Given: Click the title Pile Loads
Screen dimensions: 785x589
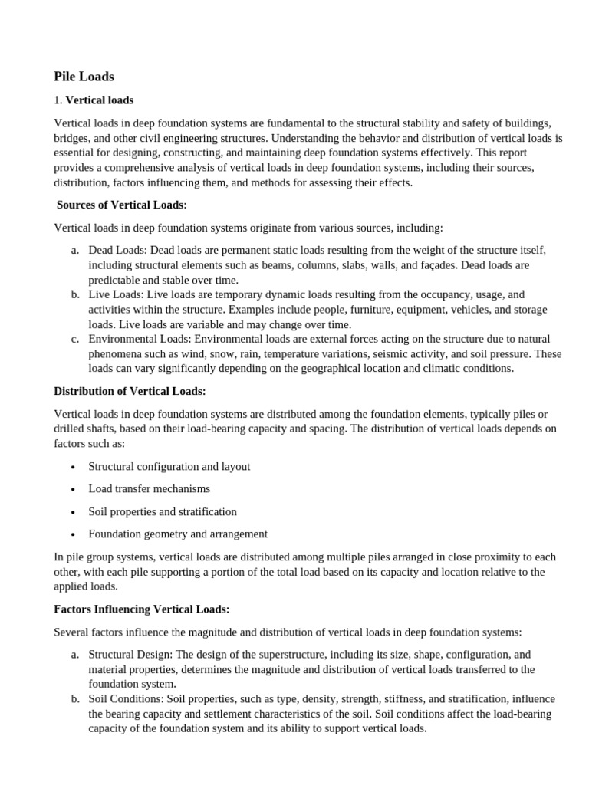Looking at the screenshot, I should tap(84, 77).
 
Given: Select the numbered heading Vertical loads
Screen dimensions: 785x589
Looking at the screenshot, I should tap(99, 100).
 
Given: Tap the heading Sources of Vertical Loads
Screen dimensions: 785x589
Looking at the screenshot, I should tap(120, 205).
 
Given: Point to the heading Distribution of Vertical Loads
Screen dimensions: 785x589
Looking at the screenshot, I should tap(130, 391).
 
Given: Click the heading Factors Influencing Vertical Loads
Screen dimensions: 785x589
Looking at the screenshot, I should tap(141, 609).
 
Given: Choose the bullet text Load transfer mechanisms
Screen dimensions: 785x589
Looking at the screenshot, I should tap(149, 488).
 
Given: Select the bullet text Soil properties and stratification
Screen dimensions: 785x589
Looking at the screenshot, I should tap(163, 511).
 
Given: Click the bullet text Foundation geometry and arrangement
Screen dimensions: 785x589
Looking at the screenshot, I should tap(178, 534).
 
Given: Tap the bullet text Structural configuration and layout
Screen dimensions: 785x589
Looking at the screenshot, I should tap(169, 466).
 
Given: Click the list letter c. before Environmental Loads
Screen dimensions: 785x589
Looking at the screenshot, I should tap(74, 339).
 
